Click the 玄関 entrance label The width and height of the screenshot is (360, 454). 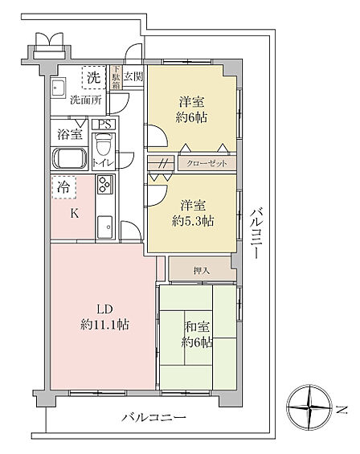tap(133, 76)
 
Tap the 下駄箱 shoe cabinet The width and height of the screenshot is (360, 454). tap(117, 77)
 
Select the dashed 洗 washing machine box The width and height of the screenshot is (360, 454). tap(93, 77)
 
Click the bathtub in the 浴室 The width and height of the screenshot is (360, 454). tap(70, 158)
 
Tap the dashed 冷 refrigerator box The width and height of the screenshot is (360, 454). tap(64, 187)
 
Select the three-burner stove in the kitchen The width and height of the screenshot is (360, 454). tap(104, 185)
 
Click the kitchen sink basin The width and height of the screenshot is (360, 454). tap(104, 227)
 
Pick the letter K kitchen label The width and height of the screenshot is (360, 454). tap(75, 214)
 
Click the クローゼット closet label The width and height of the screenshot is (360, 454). tap(207, 164)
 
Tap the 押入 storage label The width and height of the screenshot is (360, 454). tap(201, 271)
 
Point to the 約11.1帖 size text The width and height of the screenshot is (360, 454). tap(104, 325)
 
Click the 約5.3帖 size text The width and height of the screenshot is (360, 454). tap(193, 221)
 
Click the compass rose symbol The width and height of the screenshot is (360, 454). tap(309, 407)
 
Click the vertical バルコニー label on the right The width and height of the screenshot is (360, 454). tap(256, 233)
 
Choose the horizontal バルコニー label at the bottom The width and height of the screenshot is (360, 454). tap(153, 418)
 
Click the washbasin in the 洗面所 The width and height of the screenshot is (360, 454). tap(59, 88)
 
